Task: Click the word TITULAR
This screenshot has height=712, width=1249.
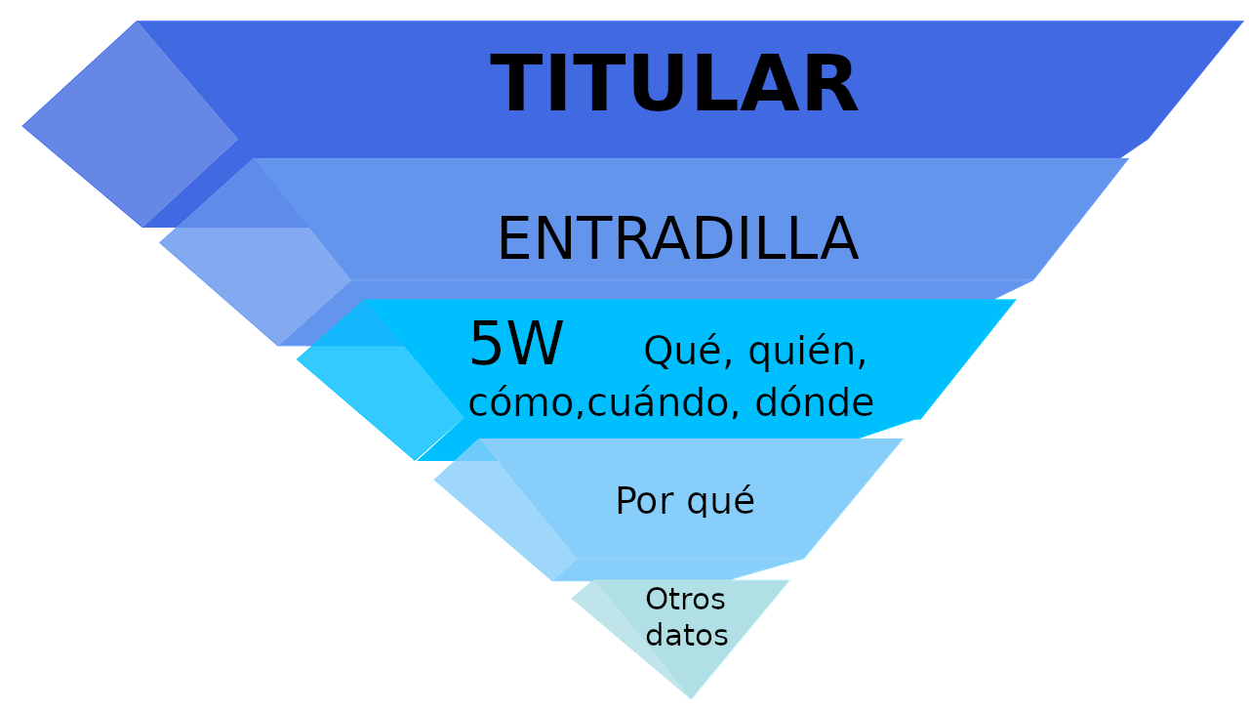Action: click(673, 86)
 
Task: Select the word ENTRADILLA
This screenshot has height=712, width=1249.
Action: click(677, 240)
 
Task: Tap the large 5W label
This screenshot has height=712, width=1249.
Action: click(516, 345)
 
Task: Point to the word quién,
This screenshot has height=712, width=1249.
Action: click(807, 353)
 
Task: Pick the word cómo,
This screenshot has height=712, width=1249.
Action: click(526, 402)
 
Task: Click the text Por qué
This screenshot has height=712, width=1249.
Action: click(685, 501)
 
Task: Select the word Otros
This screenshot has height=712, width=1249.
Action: click(685, 599)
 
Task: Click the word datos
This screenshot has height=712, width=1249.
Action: click(687, 635)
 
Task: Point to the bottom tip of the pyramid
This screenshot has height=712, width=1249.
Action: click(691, 699)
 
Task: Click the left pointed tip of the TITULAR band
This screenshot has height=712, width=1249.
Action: click(22, 126)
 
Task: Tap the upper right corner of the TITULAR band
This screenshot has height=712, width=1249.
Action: click(1243, 21)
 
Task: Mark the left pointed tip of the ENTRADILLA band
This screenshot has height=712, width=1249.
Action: click(160, 244)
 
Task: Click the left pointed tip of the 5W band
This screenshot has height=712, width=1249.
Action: click(297, 360)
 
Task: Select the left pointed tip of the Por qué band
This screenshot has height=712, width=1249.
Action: click(434, 480)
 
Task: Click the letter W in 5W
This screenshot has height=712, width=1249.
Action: click(536, 345)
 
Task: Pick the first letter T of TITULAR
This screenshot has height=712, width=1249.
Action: click(514, 86)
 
